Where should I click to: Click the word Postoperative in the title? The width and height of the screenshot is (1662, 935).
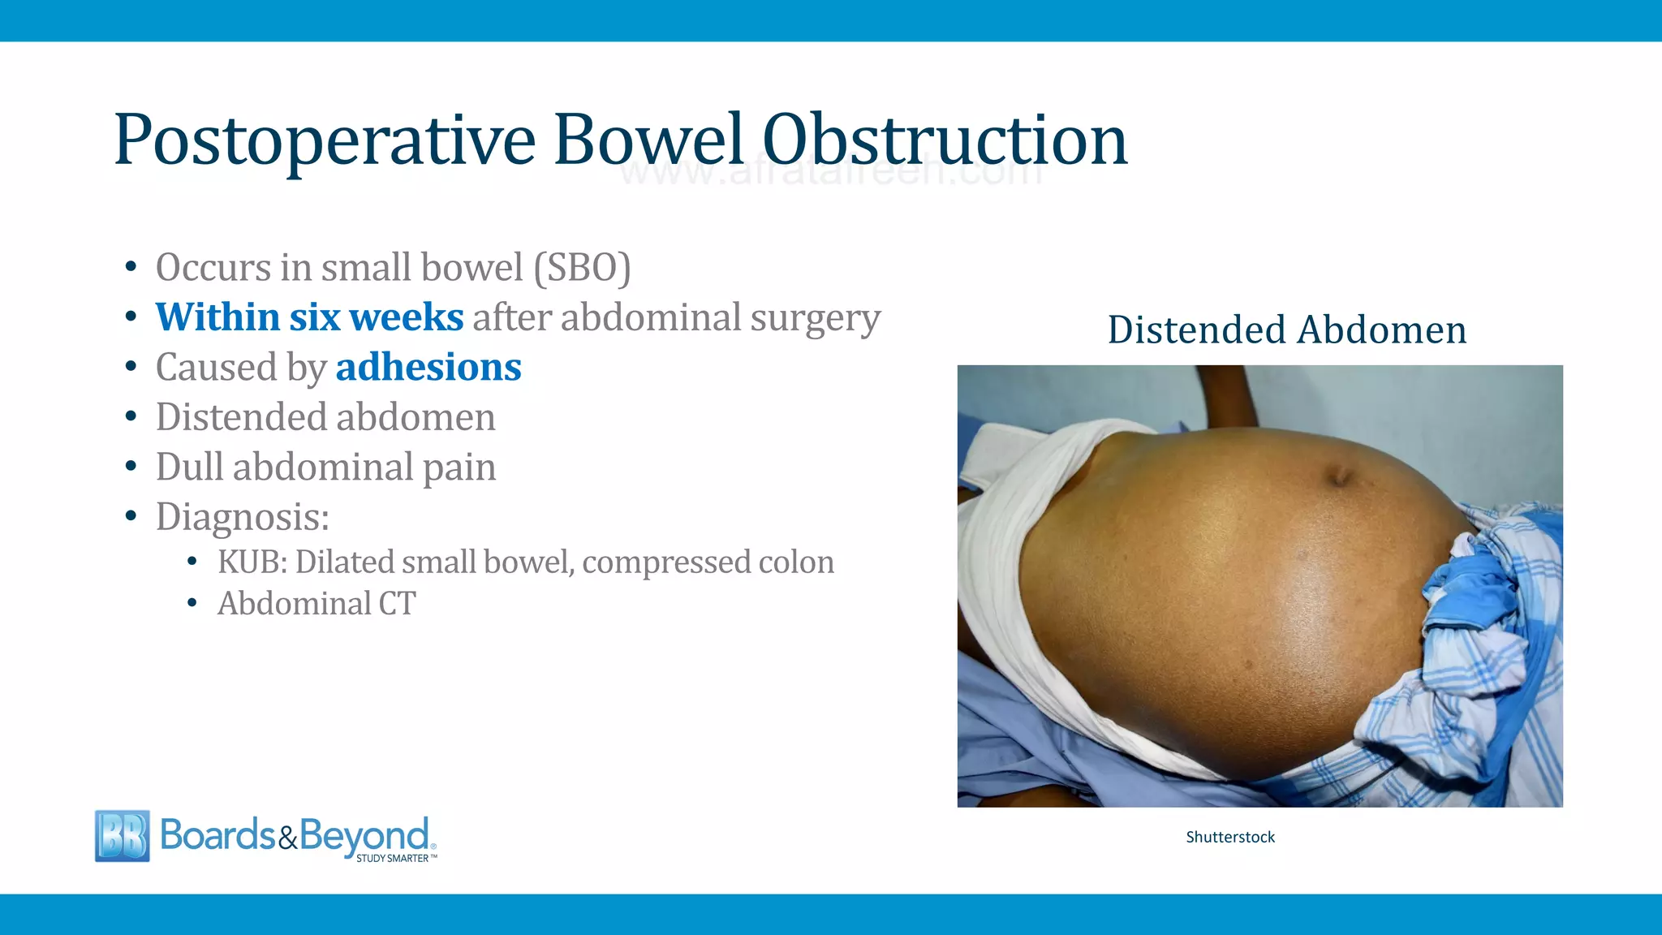(325, 141)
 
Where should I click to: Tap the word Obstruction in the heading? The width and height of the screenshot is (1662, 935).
(945, 141)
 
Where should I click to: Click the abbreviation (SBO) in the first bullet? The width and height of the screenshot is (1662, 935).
(582, 268)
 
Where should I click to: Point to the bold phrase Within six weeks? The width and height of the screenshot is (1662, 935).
(309, 317)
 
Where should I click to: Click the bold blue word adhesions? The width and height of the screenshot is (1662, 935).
(428, 368)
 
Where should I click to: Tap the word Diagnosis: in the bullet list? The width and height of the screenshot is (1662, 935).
(243, 517)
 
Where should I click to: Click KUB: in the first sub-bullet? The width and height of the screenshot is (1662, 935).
(252, 562)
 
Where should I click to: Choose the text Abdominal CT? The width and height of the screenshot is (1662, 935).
(316, 604)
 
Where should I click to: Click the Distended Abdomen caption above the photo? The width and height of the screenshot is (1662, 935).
(1287, 330)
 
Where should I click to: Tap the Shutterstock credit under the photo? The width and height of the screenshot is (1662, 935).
(1230, 837)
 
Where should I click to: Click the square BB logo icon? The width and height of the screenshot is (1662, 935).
(123, 835)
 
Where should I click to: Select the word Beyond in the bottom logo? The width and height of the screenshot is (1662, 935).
(364, 835)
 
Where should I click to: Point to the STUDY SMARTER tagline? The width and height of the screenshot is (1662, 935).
(393, 858)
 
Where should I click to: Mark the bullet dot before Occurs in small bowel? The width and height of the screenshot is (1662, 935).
(131, 268)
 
